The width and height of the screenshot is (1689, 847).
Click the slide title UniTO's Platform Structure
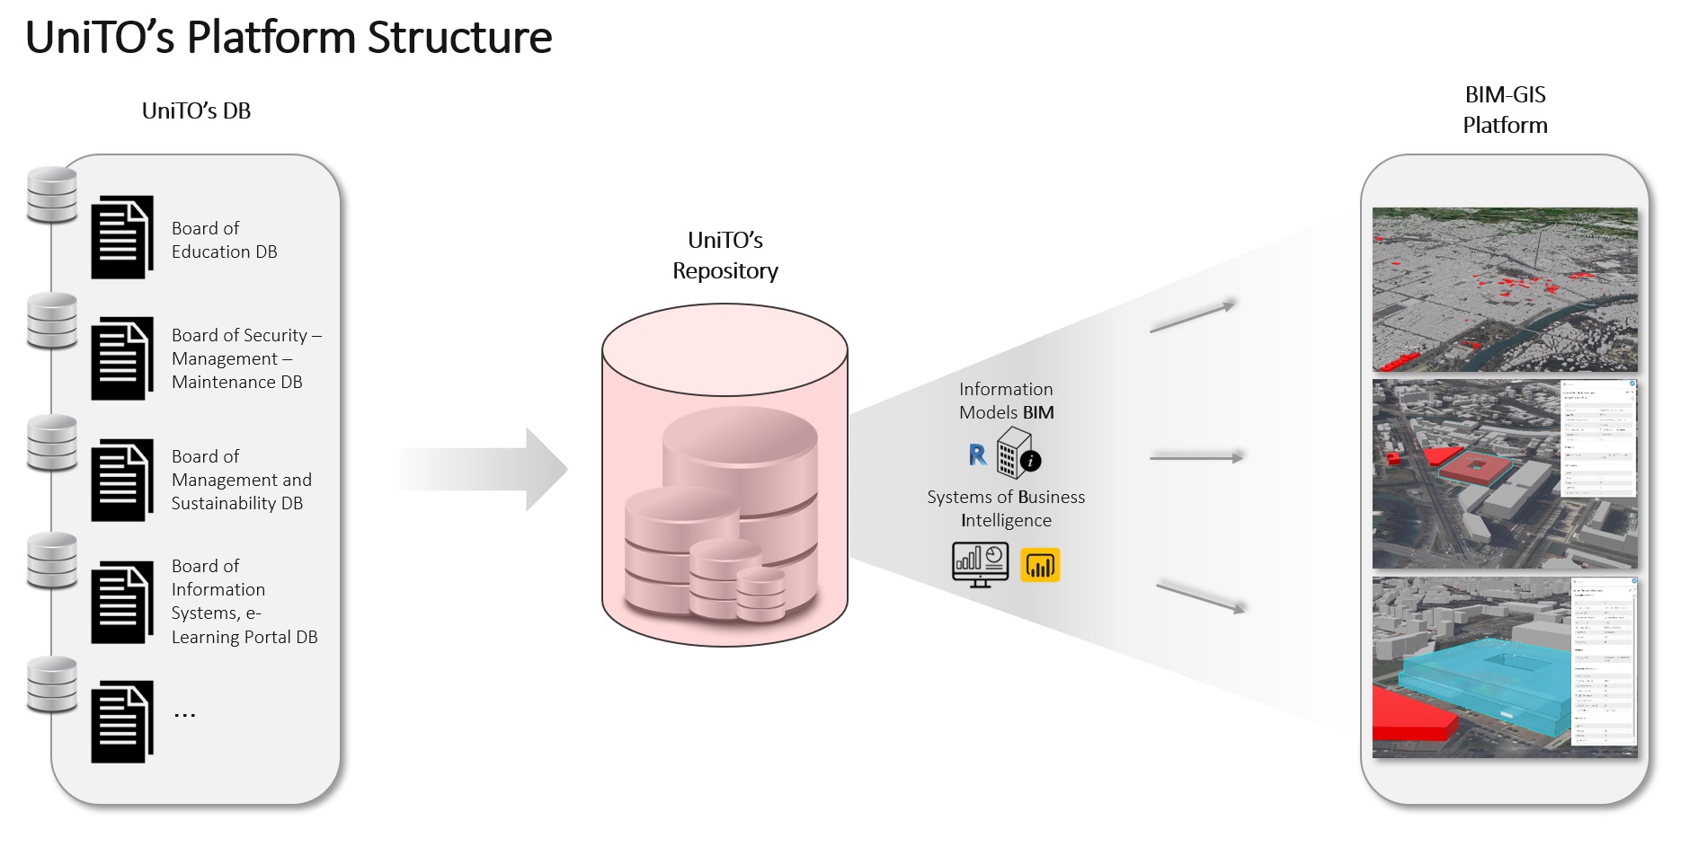289,39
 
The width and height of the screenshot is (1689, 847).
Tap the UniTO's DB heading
196,111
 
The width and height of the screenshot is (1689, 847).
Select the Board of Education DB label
224,240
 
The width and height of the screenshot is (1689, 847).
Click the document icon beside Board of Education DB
121,237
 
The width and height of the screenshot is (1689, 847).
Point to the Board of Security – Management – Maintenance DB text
245,358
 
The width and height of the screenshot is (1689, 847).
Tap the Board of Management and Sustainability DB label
241,480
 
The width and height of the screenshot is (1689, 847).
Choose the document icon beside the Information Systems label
121,602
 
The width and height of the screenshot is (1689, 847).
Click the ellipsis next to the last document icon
184,715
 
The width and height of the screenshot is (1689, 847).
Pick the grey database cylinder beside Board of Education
52,195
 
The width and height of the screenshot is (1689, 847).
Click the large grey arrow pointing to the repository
485,469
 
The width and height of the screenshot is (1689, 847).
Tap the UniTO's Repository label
724,255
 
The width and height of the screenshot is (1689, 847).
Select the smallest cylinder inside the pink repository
760,594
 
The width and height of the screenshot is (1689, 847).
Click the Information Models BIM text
1006,401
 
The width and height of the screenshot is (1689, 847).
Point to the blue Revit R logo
977,454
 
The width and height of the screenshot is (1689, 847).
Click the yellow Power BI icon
1040,565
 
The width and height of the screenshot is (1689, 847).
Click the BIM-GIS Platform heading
1505,110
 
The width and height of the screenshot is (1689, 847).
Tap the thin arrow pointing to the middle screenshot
1196,458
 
